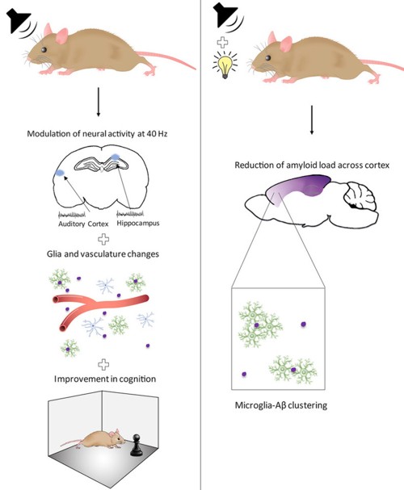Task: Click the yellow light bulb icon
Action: pyautogui.click(x=225, y=65)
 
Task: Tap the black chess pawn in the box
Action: pyautogui.click(x=137, y=445)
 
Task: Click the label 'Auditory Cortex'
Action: pyautogui.click(x=83, y=224)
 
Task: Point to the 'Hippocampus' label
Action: pyautogui.click(x=138, y=223)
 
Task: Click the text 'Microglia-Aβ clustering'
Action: pyautogui.click(x=281, y=405)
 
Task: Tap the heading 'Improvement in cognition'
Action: pyautogui.click(x=105, y=379)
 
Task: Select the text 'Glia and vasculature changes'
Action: pyautogui.click(x=103, y=253)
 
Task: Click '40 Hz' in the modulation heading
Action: pyautogui.click(x=157, y=134)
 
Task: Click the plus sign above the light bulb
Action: pyautogui.click(x=222, y=42)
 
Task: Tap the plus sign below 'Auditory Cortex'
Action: pyautogui.click(x=103, y=240)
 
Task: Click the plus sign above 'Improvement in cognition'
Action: pyautogui.click(x=103, y=364)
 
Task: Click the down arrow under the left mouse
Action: pyautogui.click(x=99, y=102)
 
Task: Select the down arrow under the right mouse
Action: pyautogui.click(x=311, y=120)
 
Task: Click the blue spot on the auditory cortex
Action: pyautogui.click(x=60, y=172)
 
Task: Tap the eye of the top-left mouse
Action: pyautogui.click(x=44, y=49)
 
